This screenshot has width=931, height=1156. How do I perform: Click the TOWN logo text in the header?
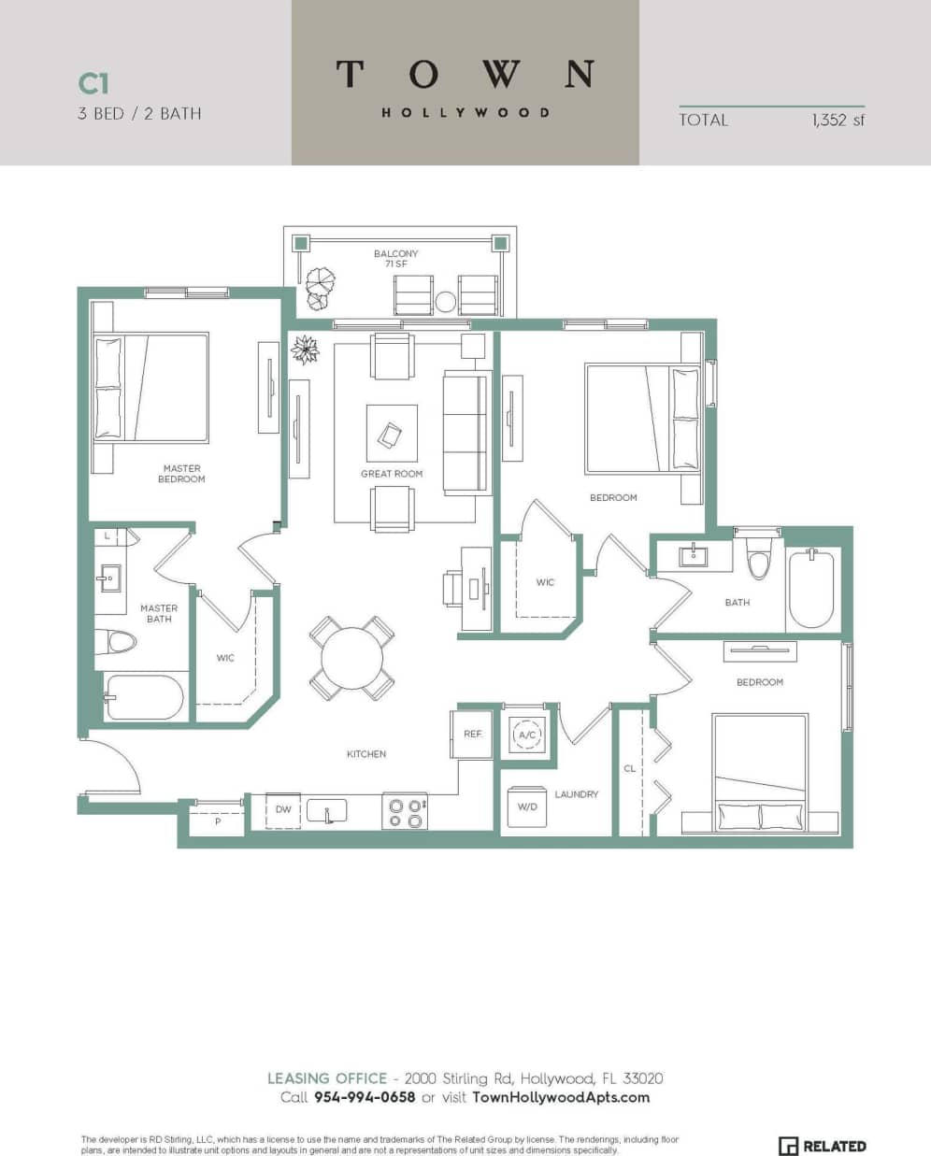(x=465, y=74)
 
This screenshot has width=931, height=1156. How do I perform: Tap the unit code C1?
(x=93, y=84)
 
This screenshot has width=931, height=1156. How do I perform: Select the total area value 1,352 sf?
(x=838, y=120)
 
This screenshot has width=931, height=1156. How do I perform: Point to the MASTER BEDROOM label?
(x=181, y=474)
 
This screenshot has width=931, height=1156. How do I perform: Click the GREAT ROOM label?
(x=392, y=474)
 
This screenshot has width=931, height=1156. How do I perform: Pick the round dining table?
(x=351, y=658)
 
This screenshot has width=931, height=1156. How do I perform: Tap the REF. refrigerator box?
(x=473, y=735)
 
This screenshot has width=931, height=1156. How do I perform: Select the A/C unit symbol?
(x=527, y=735)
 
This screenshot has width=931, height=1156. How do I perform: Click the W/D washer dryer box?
(x=527, y=807)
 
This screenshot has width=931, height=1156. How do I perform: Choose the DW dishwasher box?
(x=283, y=810)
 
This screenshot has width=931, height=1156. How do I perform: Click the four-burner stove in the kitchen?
(x=405, y=811)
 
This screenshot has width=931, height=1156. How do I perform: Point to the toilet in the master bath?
(x=119, y=642)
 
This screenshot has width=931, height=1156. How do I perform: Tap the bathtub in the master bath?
(x=145, y=697)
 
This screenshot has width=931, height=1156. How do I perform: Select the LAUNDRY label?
(x=576, y=794)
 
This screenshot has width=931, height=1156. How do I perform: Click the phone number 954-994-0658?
(x=365, y=1097)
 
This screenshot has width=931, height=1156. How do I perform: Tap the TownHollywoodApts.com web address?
(x=561, y=1097)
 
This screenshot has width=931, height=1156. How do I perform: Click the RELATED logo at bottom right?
(x=823, y=1146)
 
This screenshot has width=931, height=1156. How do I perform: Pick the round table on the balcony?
(x=446, y=301)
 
